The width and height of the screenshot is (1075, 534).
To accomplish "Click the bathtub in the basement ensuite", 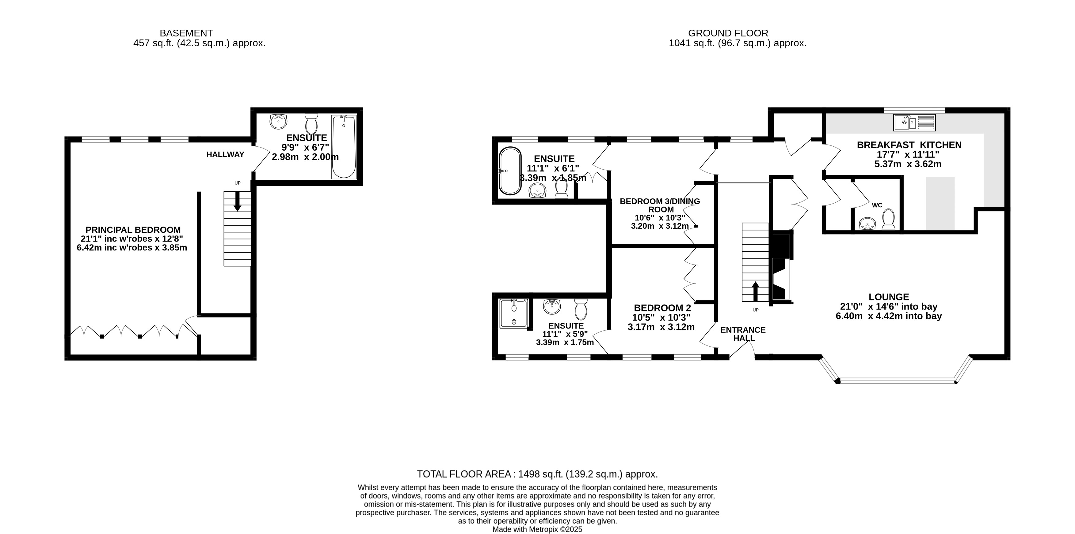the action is click(344, 147).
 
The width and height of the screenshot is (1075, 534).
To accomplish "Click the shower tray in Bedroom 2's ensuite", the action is click(514, 313).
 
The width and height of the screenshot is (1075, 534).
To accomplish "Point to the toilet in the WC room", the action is click(888, 219).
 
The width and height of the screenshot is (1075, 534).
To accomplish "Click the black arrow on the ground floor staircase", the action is click(755, 291).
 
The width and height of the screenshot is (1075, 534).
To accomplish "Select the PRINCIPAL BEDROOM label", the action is click(133, 230).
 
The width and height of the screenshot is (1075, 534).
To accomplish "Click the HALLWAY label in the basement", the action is click(225, 155).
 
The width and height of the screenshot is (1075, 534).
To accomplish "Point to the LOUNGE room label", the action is click(889, 297).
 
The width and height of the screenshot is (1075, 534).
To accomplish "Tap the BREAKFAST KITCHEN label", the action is click(909, 145).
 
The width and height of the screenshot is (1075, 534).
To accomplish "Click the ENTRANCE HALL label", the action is click(743, 334).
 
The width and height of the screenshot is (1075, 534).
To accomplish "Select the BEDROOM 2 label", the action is click(663, 308).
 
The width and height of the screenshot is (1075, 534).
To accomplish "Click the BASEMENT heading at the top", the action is click(187, 33).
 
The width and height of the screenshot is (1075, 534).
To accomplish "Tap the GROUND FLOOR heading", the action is click(728, 33).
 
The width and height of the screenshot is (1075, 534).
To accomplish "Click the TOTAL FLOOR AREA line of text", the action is click(538, 474).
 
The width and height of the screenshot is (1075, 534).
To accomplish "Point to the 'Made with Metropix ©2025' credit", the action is click(538, 529).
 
